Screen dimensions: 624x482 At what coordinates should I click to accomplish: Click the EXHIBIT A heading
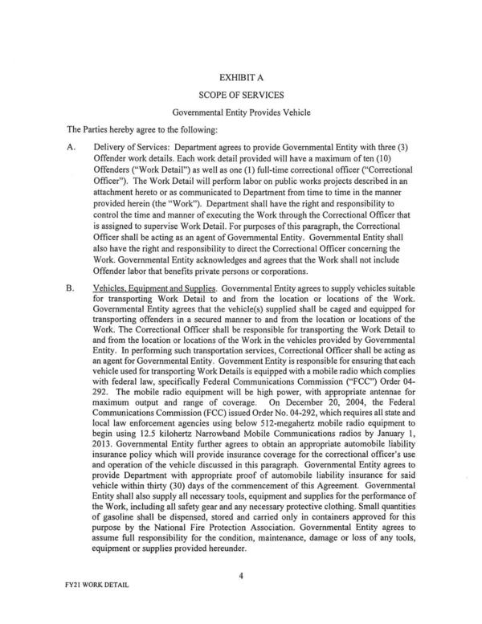coord(240,77)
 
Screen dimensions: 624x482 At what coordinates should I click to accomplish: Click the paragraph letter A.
coord(70,149)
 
